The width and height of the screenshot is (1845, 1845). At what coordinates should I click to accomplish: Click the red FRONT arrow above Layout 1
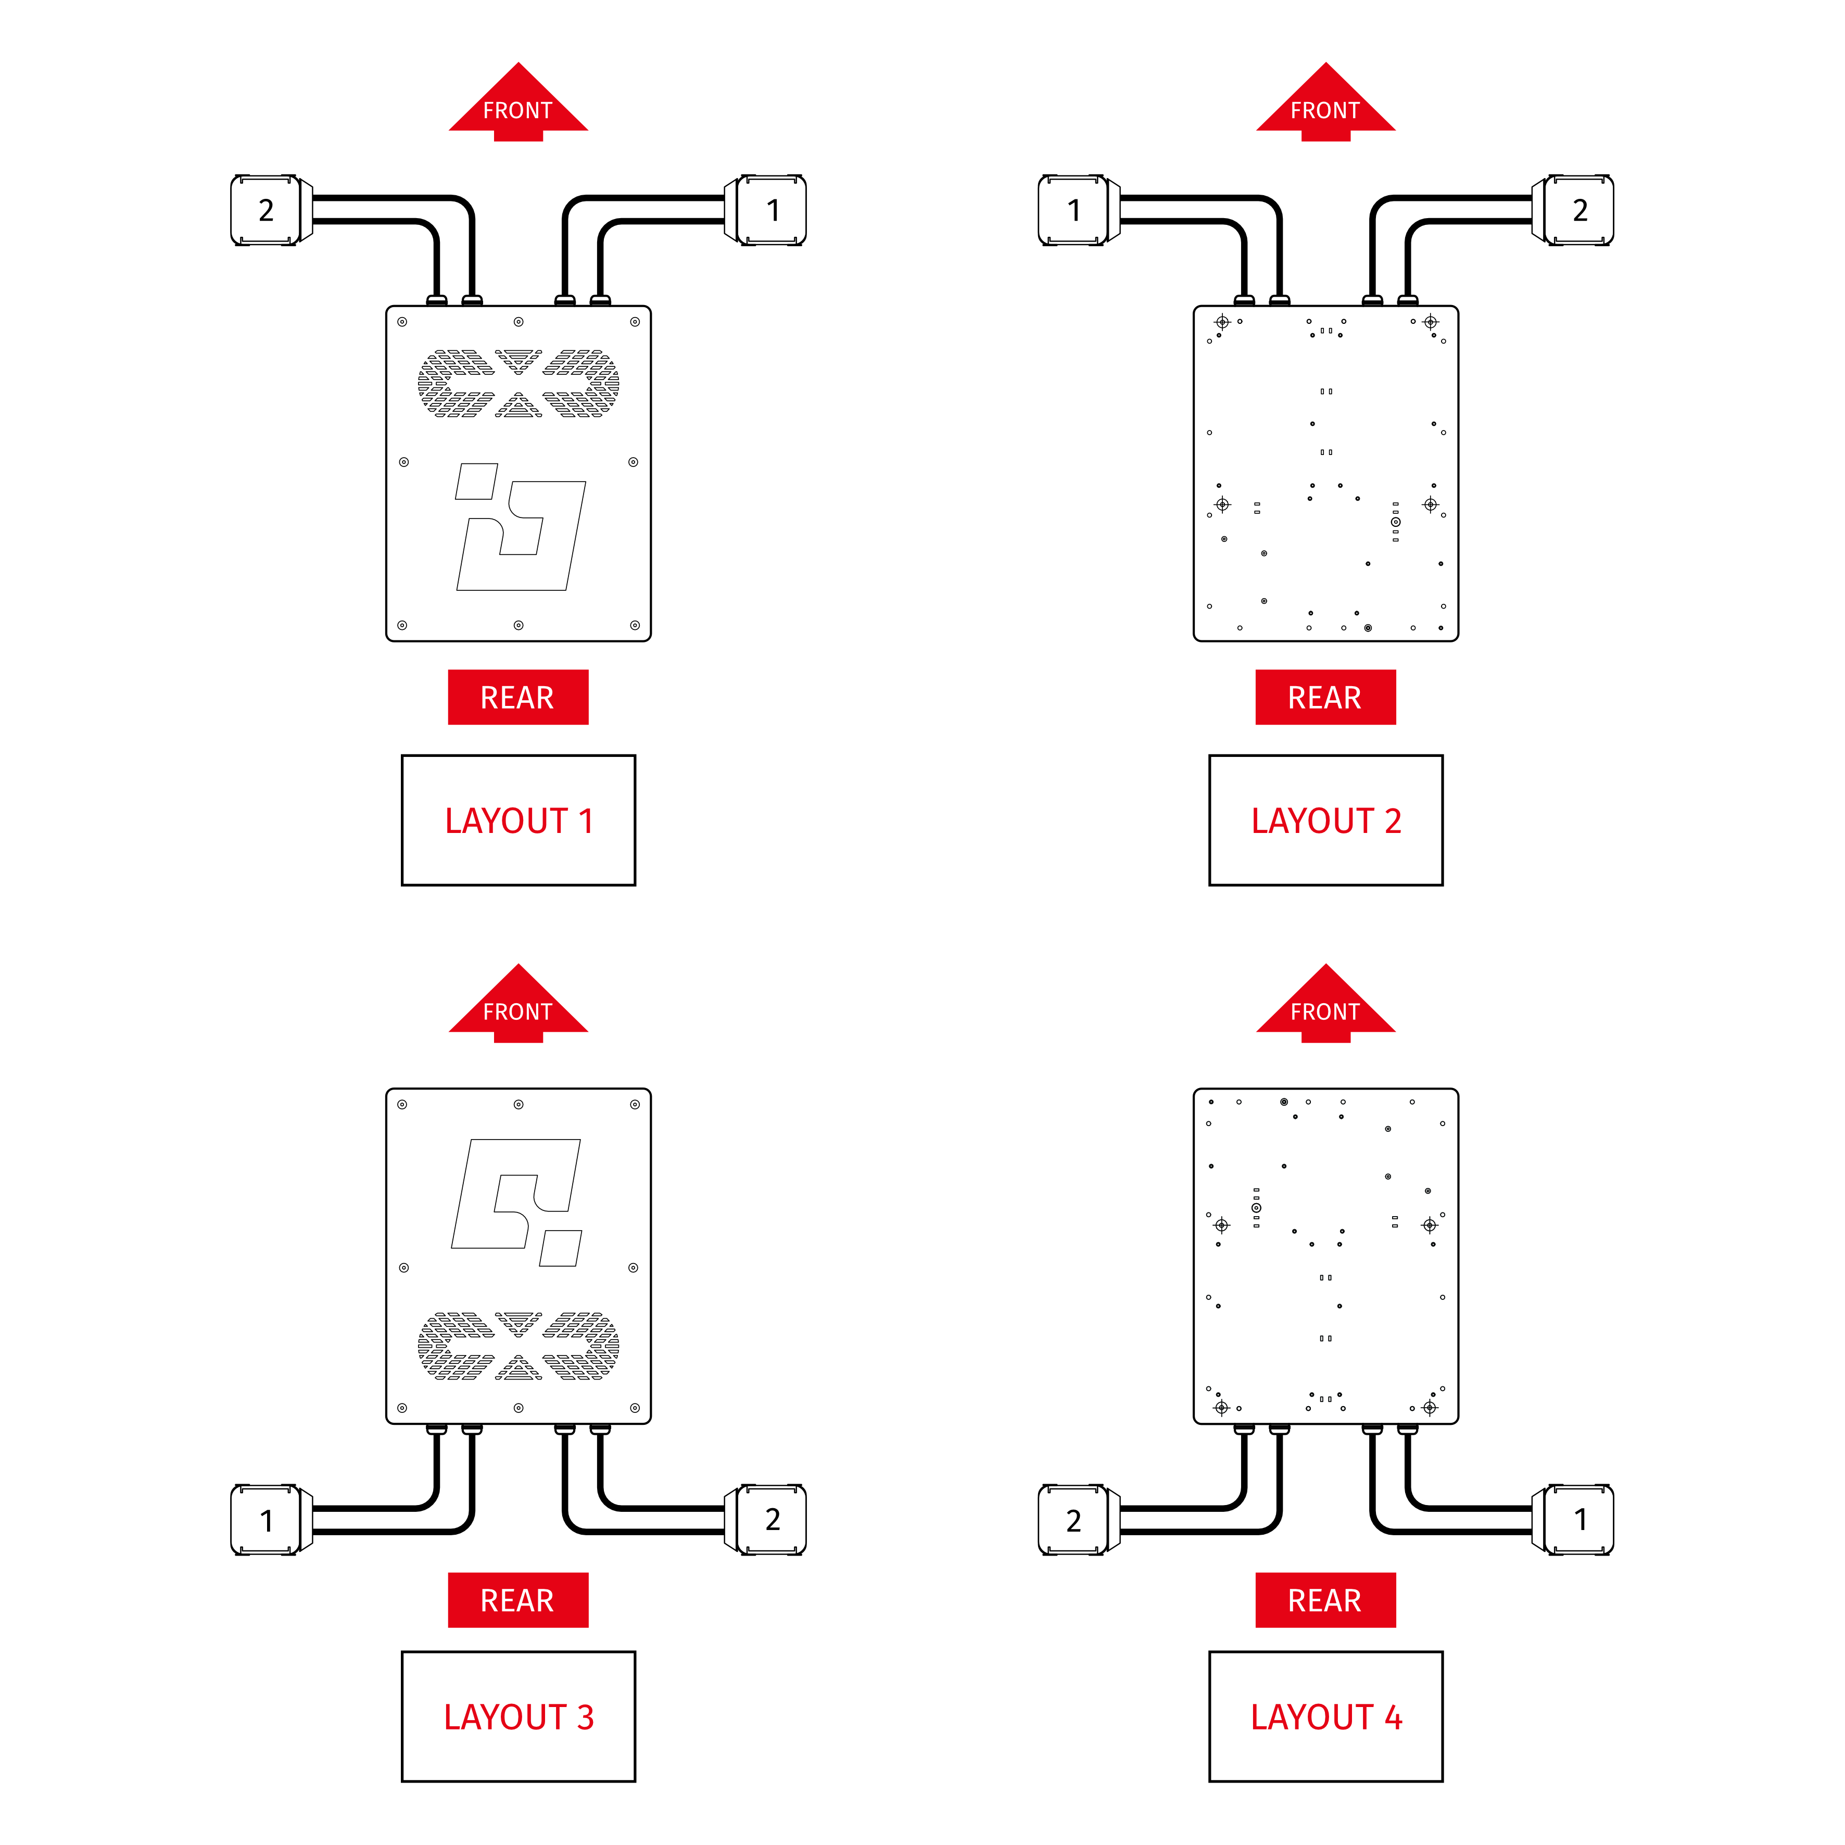[519, 103]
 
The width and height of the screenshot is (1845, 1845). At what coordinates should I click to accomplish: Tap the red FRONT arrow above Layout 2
[1325, 103]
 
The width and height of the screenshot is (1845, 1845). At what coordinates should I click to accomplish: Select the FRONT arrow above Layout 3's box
[519, 1005]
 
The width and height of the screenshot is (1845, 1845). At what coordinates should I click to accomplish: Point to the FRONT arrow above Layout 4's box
[1325, 1005]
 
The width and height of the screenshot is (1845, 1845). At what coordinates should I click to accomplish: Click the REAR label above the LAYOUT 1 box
[517, 697]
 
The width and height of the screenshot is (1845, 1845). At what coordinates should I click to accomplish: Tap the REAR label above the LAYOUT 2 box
[1325, 697]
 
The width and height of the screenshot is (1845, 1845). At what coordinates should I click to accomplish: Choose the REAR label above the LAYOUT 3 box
[517, 1600]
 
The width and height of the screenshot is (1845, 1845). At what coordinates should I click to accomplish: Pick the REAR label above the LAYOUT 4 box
[1325, 1600]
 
